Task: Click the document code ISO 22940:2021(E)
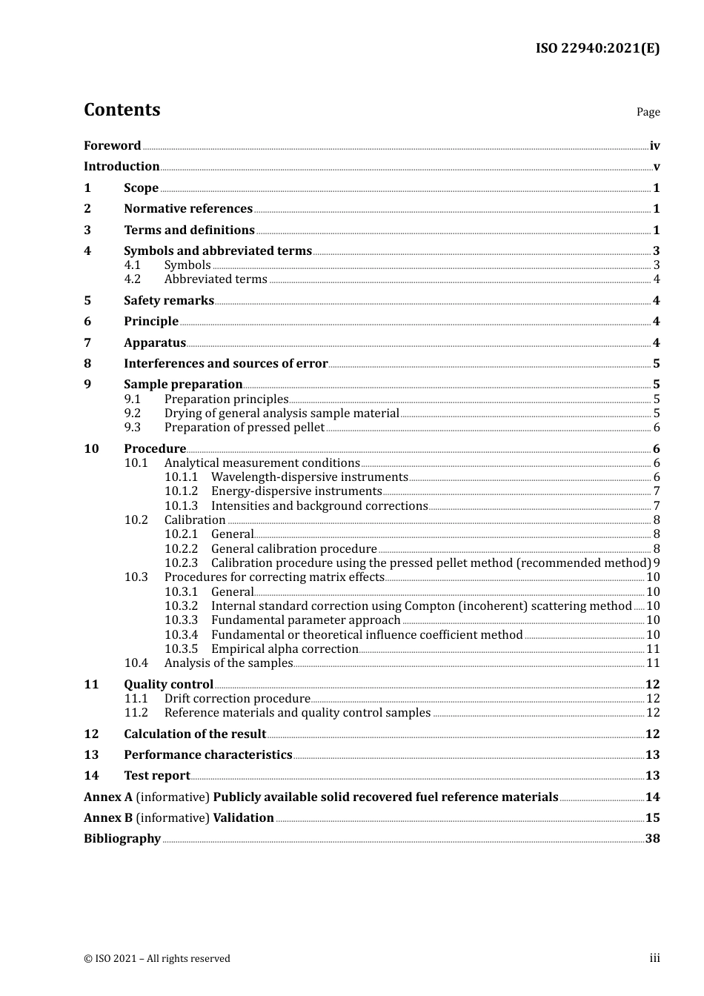coord(597,48)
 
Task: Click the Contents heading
coord(122,110)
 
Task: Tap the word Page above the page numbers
coord(648,112)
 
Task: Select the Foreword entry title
coord(112,146)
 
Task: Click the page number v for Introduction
coord(656,167)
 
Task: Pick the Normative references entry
coord(188,209)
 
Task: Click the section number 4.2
coord(133,279)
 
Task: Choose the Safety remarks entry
coord(169,301)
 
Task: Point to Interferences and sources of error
coord(225,364)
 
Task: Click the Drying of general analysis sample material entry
coord(282,414)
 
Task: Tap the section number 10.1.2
coord(181,491)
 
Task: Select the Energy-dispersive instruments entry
coord(296,491)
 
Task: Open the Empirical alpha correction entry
coord(285,649)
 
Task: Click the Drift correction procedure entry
coord(237,699)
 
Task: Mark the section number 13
coord(91,755)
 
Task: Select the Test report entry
coord(157,776)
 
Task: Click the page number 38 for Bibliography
coord(652,839)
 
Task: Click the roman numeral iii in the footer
coord(654,958)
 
